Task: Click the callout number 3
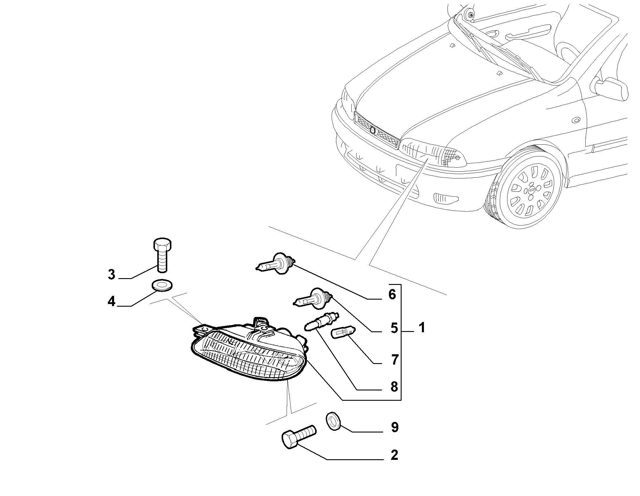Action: coord(111,274)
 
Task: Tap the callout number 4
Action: coord(111,301)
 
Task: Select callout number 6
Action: coord(392,294)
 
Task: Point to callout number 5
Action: coord(394,328)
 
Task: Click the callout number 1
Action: coord(422,327)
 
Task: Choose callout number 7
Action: coord(395,360)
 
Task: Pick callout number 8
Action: coord(394,387)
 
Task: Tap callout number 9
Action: coord(395,427)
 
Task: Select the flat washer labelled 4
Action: coord(162,285)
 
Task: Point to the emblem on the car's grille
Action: coord(373,130)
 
